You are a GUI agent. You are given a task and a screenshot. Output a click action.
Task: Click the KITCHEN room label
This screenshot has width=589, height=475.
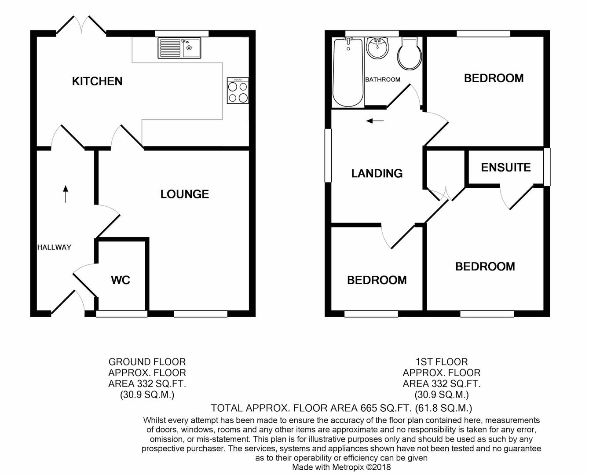pos(97,81)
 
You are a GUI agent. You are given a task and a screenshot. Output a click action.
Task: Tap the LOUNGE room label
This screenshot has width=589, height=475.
pos(184,194)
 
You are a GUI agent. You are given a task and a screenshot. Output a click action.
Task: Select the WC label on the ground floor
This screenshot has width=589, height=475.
pos(121,280)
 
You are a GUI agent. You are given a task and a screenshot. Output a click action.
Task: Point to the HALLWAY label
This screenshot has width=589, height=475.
pos(54,247)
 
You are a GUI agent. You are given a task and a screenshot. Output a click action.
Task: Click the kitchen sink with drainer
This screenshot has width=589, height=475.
pos(179,48)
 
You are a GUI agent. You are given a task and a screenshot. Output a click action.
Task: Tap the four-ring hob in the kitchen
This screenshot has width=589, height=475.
pos(238,91)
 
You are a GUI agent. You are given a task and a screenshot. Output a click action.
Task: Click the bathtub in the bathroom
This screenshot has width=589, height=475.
pos(348,73)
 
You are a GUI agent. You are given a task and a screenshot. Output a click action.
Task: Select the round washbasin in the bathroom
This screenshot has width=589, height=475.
pos(377,48)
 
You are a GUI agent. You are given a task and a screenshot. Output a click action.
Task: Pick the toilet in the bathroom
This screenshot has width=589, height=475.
pos(410,53)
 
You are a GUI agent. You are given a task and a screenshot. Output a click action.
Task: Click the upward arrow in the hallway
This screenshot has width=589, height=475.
pos(66,194)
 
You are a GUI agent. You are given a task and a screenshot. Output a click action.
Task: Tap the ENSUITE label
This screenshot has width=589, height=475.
pos(506,168)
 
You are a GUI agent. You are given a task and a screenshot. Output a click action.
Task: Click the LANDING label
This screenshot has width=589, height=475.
pos(377,173)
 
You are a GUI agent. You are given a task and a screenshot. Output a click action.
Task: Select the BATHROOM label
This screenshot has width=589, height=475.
pos(383,80)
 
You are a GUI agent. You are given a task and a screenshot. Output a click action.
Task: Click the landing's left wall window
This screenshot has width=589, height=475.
pos(328,155)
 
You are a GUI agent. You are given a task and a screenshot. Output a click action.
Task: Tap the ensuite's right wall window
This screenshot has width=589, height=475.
pos(547,167)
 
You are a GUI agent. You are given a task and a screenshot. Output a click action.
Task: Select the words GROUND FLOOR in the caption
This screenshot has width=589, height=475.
pos(147,362)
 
